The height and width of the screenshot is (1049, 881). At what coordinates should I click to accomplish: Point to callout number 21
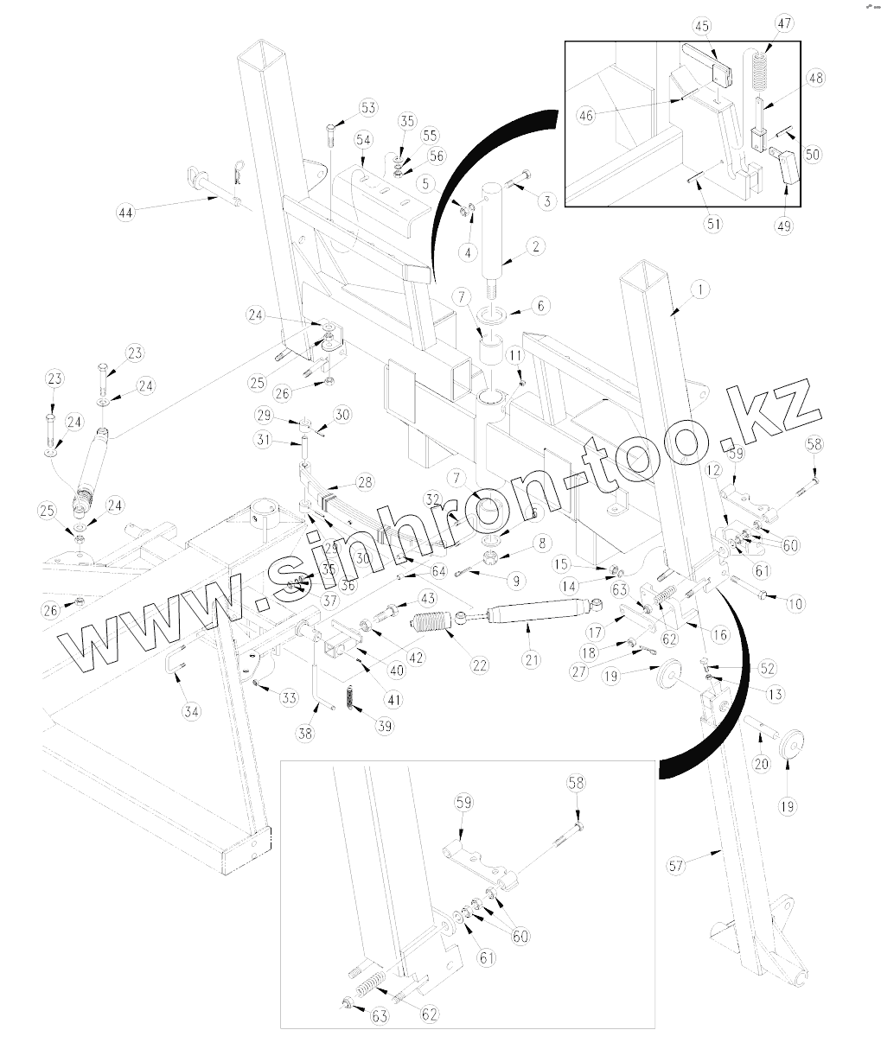pyautogui.click(x=531, y=660)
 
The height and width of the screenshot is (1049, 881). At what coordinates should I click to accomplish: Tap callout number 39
pyautogui.click(x=385, y=726)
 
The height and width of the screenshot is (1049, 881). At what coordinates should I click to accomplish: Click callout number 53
pyautogui.click(x=369, y=108)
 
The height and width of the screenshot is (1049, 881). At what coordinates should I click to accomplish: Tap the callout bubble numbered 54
pyautogui.click(x=362, y=139)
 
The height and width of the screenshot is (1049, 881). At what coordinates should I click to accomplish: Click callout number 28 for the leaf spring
pyautogui.click(x=365, y=481)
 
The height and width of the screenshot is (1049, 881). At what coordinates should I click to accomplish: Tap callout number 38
pyautogui.click(x=304, y=733)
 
